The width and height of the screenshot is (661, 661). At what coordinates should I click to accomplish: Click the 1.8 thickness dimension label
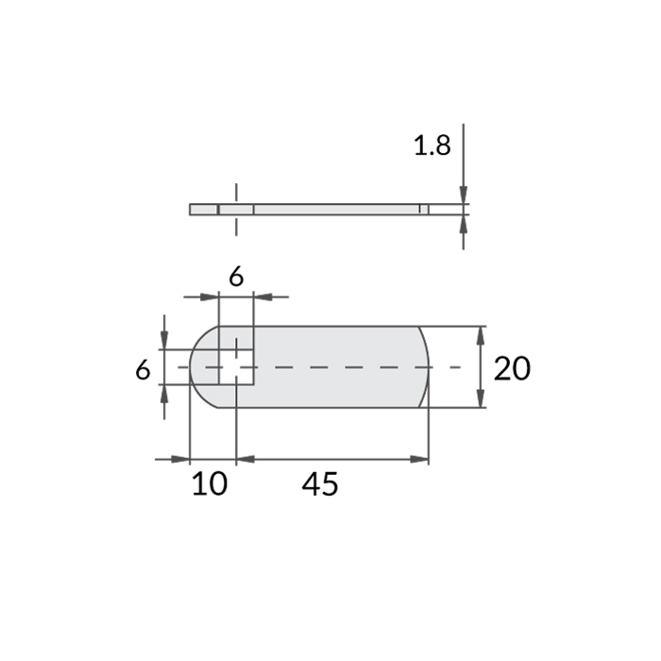pos(432,145)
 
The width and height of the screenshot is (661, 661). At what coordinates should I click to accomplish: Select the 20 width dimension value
pos(511,368)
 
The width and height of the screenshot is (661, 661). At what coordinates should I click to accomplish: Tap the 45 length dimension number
pos(320,484)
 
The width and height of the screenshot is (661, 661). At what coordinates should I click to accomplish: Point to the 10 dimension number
pos(210,484)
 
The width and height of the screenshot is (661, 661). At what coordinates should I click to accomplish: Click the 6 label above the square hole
pos(236,277)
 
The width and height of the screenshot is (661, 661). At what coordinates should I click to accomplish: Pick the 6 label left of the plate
pos(143,369)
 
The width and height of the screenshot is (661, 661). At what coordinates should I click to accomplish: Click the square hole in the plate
pos(236,366)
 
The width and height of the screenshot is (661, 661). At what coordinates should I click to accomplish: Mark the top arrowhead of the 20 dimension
pos(482,335)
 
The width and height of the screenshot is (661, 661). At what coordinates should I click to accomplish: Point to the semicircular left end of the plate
pos(200,366)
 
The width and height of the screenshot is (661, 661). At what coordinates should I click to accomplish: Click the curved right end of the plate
pos(424,366)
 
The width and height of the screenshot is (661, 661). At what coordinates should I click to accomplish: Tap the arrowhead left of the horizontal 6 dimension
pos(210,297)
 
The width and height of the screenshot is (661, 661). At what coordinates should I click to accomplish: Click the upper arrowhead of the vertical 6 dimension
pos(164,341)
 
